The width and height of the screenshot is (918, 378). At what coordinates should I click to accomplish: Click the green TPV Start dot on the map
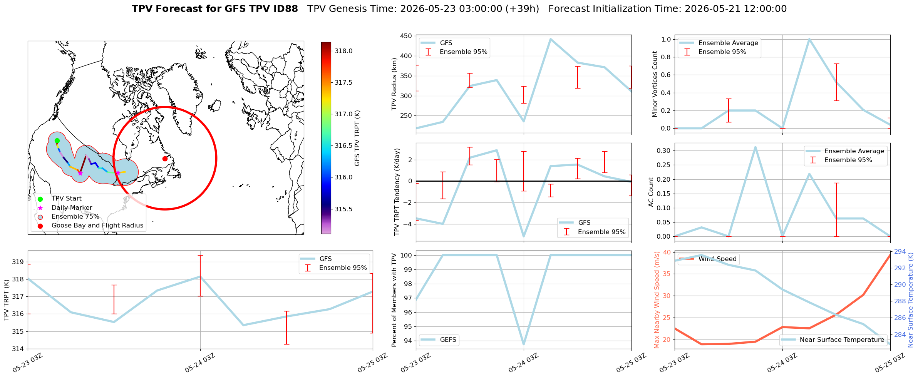coord(57,140)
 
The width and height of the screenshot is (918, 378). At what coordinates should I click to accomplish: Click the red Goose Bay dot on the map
coord(165,159)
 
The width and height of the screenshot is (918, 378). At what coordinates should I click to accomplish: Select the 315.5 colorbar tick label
coord(343,209)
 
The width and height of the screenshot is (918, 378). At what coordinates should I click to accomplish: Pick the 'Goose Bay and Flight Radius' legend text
coord(97,226)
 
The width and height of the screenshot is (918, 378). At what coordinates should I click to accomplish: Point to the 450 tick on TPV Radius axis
coord(407,36)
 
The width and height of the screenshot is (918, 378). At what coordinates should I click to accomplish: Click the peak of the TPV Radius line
coord(551,39)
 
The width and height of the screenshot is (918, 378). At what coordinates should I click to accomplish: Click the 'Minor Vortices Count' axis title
coord(655,84)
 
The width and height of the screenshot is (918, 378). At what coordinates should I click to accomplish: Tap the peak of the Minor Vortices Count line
coord(809,39)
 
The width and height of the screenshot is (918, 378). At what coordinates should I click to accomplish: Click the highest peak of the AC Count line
coord(756,147)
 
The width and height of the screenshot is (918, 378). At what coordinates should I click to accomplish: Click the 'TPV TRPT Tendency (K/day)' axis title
coord(397,192)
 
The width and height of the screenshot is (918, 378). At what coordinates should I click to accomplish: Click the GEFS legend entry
coord(439,340)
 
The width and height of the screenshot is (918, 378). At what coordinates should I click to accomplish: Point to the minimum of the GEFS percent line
coord(524,344)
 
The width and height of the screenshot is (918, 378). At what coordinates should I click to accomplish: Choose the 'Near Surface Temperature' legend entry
coord(833,340)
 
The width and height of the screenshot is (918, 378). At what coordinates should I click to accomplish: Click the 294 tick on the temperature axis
coord(900,252)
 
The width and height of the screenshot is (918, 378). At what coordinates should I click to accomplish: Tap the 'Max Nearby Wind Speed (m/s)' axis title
coord(657,300)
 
